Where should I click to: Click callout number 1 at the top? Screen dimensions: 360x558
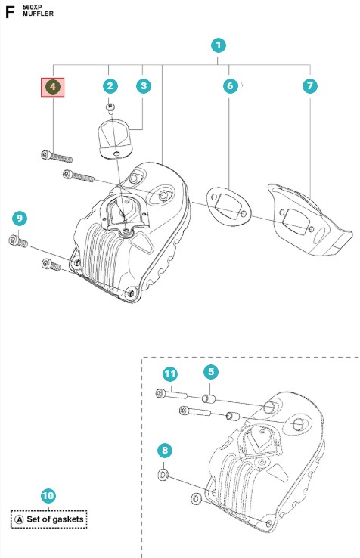pyautogui.click(x=219, y=45)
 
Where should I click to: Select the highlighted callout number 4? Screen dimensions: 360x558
pyautogui.click(x=53, y=86)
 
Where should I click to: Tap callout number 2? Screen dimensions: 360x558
pyautogui.click(x=110, y=85)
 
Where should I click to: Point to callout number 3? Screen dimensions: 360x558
pyautogui.click(x=144, y=85)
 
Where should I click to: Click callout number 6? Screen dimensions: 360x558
pyautogui.click(x=231, y=85)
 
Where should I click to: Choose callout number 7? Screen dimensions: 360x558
pyautogui.click(x=310, y=85)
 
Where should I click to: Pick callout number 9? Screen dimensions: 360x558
pyautogui.click(x=20, y=219)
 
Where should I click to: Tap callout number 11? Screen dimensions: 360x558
pyautogui.click(x=170, y=374)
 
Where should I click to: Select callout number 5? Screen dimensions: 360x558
pyautogui.click(x=211, y=372)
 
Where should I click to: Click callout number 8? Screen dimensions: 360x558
pyautogui.click(x=165, y=451)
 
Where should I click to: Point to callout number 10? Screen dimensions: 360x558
pyautogui.click(x=48, y=496)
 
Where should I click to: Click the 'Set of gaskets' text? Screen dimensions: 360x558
pyautogui.click(x=55, y=519)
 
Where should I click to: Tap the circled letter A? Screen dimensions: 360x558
pyautogui.click(x=19, y=519)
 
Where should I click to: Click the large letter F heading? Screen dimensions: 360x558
pyautogui.click(x=10, y=12)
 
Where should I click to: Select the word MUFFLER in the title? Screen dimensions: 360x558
pyautogui.click(x=38, y=14)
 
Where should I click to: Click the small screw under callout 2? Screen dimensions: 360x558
pyautogui.click(x=110, y=107)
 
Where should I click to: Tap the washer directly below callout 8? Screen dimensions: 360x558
pyautogui.click(x=163, y=474)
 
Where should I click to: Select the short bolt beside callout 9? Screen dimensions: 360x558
pyautogui.click(x=18, y=242)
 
